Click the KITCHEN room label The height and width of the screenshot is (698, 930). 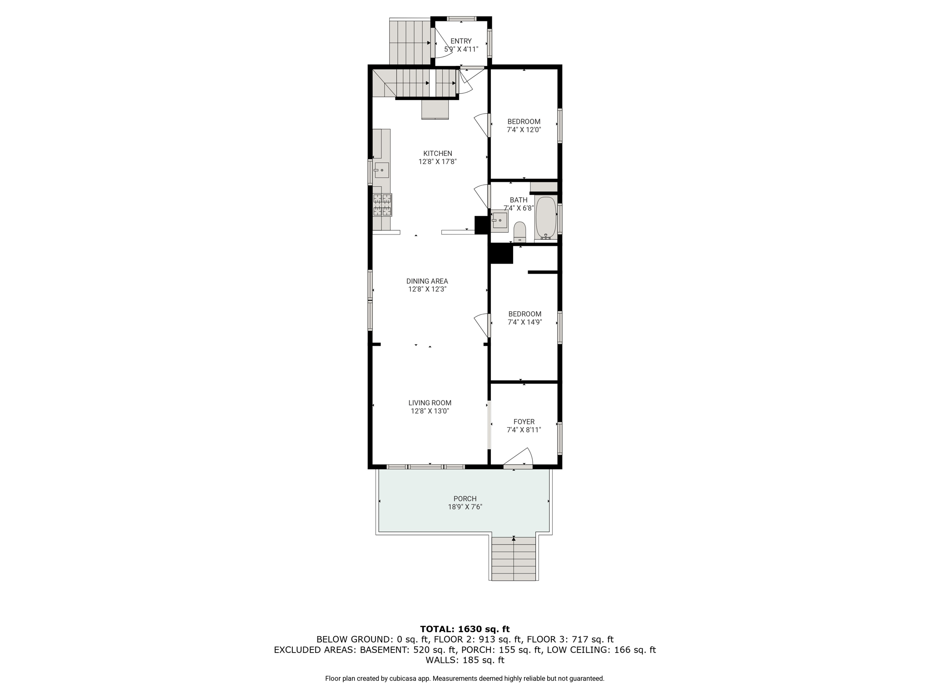click(437, 154)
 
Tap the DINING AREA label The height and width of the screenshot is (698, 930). click(427, 281)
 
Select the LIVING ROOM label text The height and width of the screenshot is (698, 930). click(430, 403)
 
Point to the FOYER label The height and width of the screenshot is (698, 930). click(524, 422)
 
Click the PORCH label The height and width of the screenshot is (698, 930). click(465, 499)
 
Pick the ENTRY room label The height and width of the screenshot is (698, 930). click(461, 41)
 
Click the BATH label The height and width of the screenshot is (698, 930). click(519, 200)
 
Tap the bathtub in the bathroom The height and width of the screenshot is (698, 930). click(546, 218)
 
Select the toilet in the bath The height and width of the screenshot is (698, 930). click(519, 232)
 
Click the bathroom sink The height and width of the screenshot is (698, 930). click(500, 221)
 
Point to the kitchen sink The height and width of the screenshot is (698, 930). click(381, 170)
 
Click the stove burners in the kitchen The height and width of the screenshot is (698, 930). click(382, 204)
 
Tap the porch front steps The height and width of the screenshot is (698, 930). click(514, 558)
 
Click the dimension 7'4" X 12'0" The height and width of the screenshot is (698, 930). click(524, 130)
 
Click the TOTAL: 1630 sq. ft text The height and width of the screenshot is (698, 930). click(465, 629)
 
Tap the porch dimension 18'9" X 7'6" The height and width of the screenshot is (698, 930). click(465, 507)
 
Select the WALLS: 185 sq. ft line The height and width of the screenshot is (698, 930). click(465, 660)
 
